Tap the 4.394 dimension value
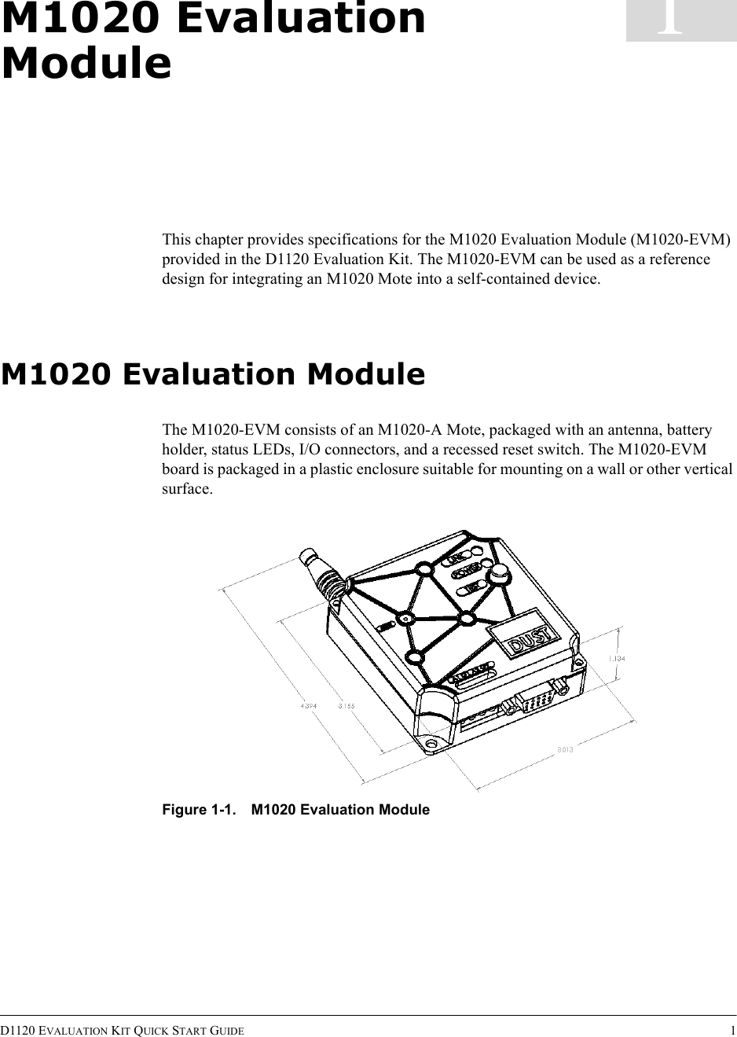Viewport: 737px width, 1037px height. click(308, 705)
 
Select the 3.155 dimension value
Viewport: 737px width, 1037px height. click(346, 705)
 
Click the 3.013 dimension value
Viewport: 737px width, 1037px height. click(564, 749)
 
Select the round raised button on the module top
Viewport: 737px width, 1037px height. click(497, 576)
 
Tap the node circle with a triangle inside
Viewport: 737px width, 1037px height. click(405, 619)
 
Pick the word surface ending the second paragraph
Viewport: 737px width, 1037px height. click(185, 489)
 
